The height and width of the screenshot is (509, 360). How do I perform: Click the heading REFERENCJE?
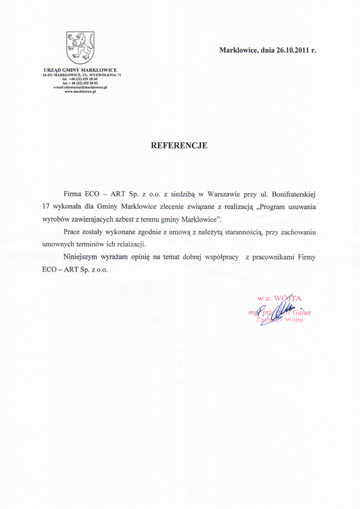[x=179, y=145]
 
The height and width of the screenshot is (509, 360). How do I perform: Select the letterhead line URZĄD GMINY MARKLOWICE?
[x=80, y=70]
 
